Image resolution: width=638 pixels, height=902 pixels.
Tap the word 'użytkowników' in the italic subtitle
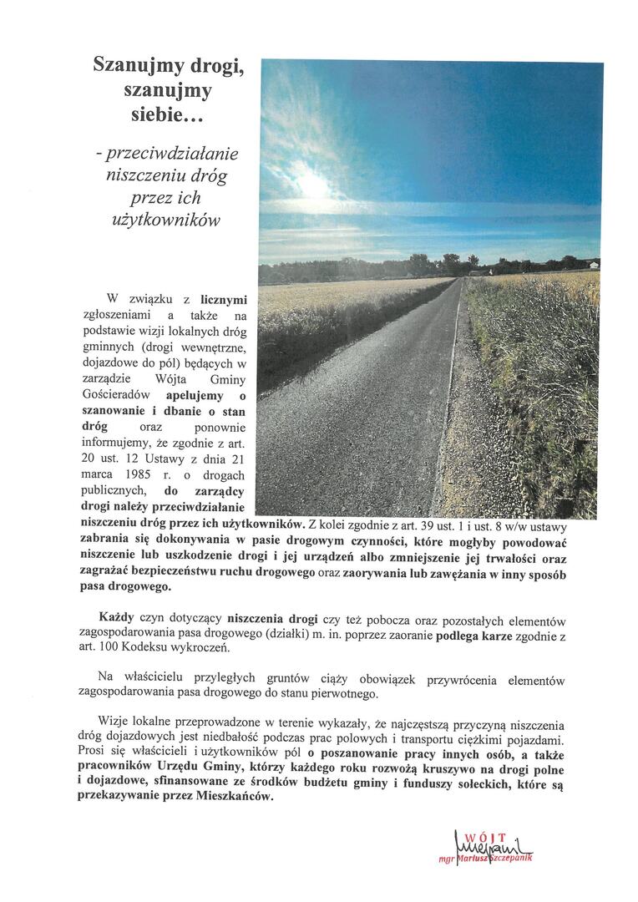169,220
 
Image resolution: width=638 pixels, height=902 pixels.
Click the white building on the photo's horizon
594,265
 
